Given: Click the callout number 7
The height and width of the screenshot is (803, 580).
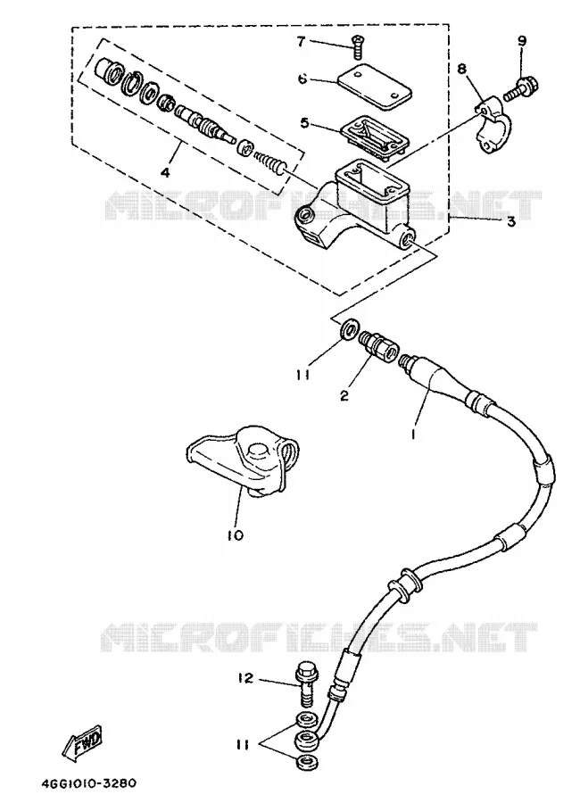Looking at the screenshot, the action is [301, 41].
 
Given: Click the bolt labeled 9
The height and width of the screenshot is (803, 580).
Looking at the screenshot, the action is [525, 88].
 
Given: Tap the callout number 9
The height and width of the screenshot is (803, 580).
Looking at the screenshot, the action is [522, 41].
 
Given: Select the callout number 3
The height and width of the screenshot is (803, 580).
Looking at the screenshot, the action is [510, 222].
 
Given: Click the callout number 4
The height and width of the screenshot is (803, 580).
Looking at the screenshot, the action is [165, 172].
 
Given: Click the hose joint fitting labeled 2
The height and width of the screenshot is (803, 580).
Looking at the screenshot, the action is [378, 344].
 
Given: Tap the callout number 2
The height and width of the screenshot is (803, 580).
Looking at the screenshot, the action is [344, 395].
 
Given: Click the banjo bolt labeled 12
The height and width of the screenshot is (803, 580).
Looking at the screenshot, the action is [306, 683].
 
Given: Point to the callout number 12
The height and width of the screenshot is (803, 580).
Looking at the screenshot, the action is [245, 678].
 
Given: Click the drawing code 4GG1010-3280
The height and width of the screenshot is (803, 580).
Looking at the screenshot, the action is [88, 784].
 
